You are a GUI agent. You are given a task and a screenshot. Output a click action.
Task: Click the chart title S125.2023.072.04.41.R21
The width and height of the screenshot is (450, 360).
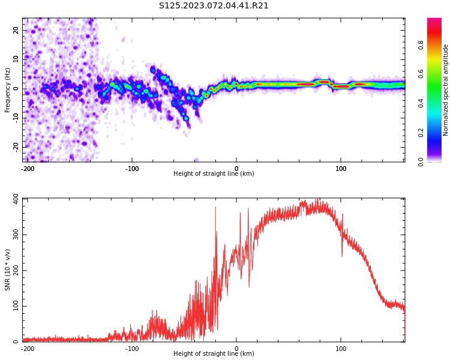[x=214, y=6]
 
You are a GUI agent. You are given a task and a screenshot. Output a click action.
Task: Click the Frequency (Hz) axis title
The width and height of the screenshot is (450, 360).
[x=8, y=90]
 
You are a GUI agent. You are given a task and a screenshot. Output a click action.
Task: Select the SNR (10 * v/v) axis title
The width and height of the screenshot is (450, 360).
[x=8, y=270]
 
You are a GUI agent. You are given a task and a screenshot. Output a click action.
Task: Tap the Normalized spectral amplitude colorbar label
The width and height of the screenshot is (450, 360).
[x=446, y=90]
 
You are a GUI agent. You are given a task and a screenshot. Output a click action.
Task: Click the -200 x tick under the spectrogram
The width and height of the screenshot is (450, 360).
[x=28, y=169]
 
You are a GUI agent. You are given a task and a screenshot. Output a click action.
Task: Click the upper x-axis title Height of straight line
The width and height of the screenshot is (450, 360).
[x=214, y=174]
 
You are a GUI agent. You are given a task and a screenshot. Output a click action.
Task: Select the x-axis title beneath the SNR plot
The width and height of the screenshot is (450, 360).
[x=214, y=354]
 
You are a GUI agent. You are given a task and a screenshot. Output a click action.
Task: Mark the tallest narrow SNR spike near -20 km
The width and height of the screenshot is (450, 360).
[x=215, y=208]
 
